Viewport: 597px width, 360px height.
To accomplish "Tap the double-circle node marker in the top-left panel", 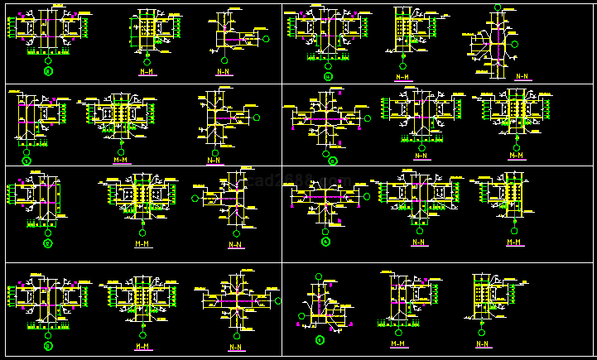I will tap(48, 71).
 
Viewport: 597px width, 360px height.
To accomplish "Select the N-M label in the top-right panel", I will tap(402, 77).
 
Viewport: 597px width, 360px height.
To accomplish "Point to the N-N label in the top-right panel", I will tap(522, 76).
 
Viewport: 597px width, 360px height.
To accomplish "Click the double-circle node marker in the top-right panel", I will tap(328, 77).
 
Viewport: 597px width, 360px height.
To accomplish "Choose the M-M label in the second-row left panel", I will tap(120, 159).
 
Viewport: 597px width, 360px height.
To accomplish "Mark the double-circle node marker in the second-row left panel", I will tap(26, 160).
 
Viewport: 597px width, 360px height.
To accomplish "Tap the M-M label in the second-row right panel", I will tap(517, 155).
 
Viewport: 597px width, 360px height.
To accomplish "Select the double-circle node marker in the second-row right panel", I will tap(332, 160).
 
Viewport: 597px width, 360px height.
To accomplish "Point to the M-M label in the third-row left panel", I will tap(142, 244).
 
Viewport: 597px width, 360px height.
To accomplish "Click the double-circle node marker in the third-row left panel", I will tap(47, 243).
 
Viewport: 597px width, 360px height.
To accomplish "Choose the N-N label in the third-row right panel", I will tap(419, 242).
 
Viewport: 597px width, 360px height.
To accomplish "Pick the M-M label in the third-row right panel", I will tap(514, 242).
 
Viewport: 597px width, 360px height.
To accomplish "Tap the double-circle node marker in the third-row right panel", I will tap(326, 242).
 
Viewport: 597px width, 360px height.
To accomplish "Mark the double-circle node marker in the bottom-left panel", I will tap(47, 346).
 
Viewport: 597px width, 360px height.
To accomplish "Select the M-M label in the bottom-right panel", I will tap(397, 343).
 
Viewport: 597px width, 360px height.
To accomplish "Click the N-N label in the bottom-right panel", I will tap(483, 343).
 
